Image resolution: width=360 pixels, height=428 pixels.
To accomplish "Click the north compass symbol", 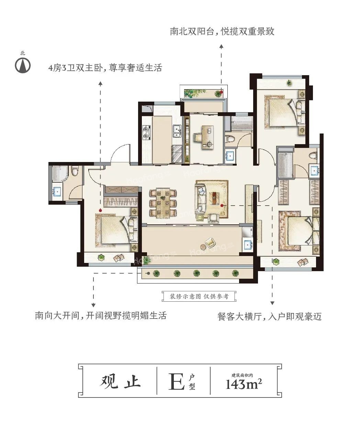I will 23,65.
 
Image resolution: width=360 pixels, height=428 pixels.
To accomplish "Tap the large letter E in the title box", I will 176,381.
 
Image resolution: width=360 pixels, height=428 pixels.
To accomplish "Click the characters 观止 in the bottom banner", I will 121,381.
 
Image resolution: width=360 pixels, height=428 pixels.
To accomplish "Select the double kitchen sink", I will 177,130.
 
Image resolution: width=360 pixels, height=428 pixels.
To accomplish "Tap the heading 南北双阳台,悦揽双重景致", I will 222,32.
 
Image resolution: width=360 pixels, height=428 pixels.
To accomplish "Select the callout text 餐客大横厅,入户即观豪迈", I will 270,316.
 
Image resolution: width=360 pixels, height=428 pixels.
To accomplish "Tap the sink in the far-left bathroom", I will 57,192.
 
